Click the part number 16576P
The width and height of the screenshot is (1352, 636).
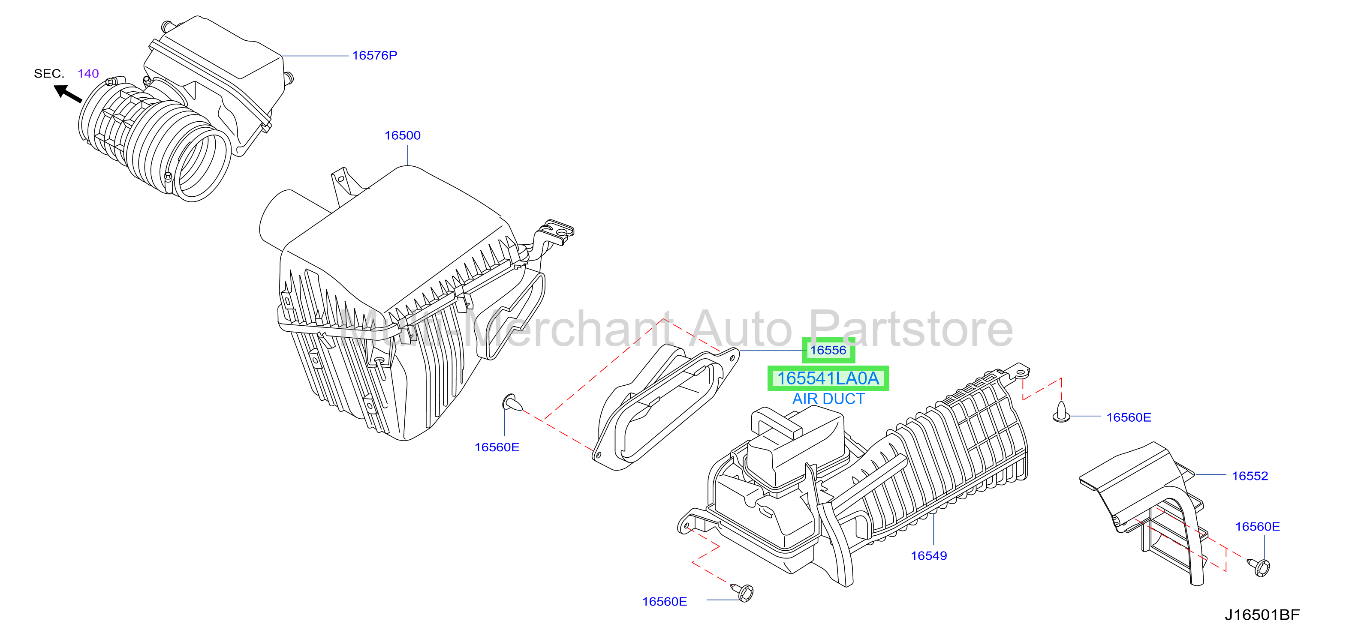pyautogui.click(x=374, y=55)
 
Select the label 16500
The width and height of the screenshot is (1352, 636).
pyautogui.click(x=403, y=135)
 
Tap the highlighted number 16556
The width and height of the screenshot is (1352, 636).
pyautogui.click(x=828, y=350)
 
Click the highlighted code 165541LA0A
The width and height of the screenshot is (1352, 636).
pyautogui.click(x=828, y=378)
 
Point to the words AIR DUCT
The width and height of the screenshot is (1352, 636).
pyautogui.click(x=828, y=399)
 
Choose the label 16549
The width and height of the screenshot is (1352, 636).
pyautogui.click(x=928, y=556)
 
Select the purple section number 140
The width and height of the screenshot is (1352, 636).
pyautogui.click(x=88, y=73)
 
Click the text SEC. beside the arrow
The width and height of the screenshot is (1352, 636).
pyautogui.click(x=49, y=73)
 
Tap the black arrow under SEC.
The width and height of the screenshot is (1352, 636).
pyautogui.click(x=68, y=94)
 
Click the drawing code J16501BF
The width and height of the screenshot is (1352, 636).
pyautogui.click(x=1262, y=615)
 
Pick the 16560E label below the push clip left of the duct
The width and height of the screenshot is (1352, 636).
pyautogui.click(x=497, y=447)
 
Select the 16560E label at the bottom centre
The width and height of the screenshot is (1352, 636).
pyautogui.click(x=665, y=601)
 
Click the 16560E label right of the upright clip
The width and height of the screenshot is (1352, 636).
pyautogui.click(x=1129, y=417)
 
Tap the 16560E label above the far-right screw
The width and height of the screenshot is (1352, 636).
pyautogui.click(x=1258, y=526)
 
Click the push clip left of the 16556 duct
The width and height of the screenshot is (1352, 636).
pyautogui.click(x=512, y=402)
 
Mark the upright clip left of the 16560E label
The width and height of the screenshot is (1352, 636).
pyautogui.click(x=1061, y=412)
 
